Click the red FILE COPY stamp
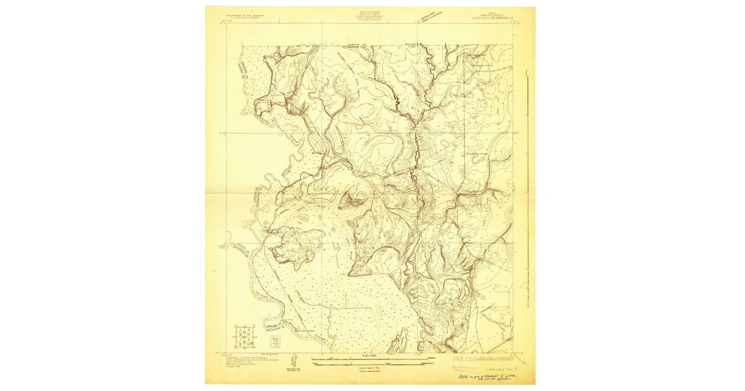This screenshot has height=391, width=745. [x=468, y=359]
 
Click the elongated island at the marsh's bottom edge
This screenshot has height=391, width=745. [x=400, y=338]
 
